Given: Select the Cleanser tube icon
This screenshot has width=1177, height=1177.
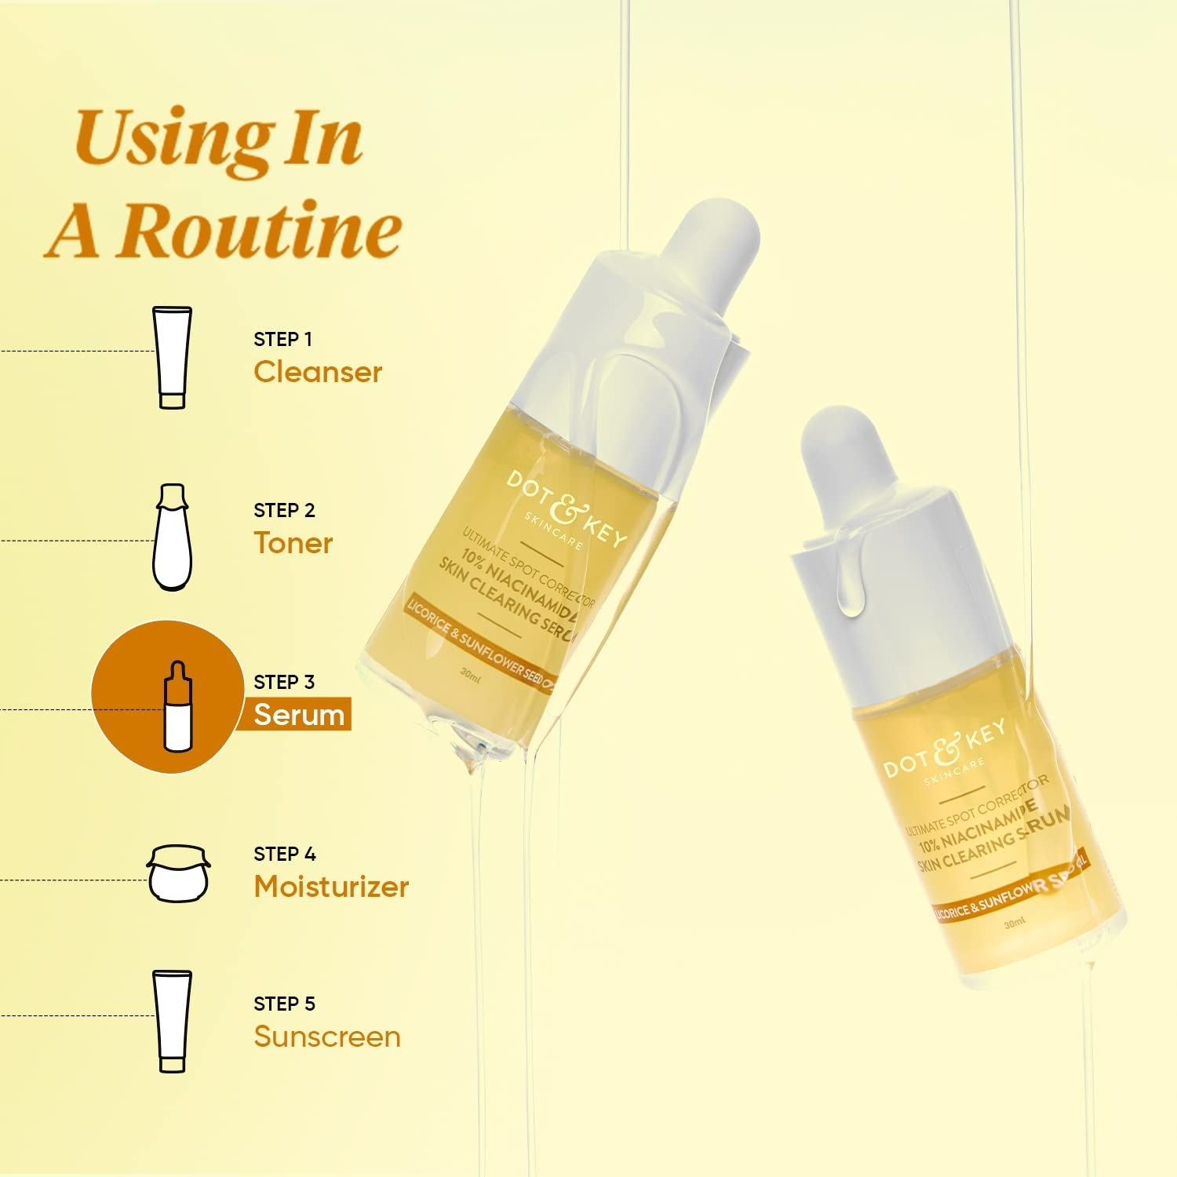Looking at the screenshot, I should (172, 357).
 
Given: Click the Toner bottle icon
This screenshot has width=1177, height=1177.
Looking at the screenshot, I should (172, 537).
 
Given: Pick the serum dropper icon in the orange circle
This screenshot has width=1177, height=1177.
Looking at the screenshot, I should (177, 706).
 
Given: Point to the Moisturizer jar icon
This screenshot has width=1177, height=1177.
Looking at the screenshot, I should (179, 873).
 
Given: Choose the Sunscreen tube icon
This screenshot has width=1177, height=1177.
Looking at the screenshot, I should (172, 1021).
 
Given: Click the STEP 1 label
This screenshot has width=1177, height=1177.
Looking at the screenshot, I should (282, 339).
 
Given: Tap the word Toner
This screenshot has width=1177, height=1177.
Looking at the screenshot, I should (293, 543).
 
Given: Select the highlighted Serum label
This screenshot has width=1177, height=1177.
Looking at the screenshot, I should (299, 715).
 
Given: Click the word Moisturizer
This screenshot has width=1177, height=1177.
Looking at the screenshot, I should (331, 887).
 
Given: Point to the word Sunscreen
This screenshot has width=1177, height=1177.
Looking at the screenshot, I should (326, 1037).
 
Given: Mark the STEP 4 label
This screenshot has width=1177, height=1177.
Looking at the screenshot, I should (284, 854).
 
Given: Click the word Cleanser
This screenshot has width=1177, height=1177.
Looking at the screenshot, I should (318, 372).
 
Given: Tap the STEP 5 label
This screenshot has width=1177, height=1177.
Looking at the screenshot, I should (284, 1004).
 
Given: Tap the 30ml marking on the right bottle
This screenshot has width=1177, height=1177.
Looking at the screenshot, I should (1014, 924).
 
